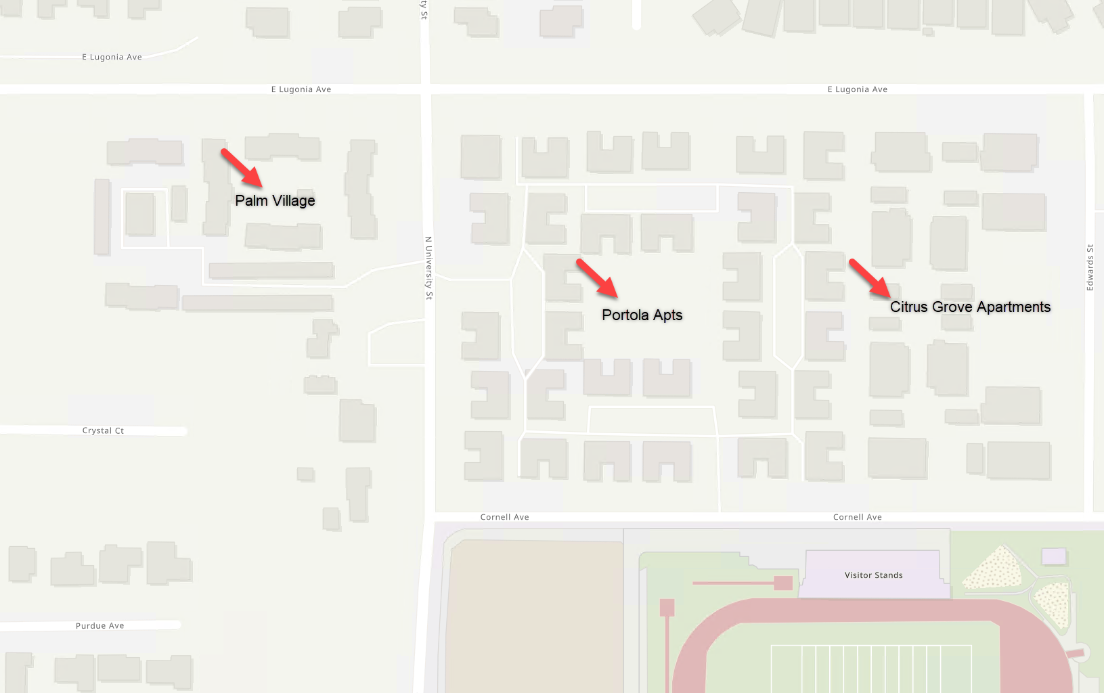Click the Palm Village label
click(x=275, y=201)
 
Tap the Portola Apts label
click(x=642, y=315)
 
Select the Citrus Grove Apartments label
click(x=970, y=307)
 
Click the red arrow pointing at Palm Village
click(x=242, y=168)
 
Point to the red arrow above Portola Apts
click(x=597, y=278)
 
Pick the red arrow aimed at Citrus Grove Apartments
click(x=870, y=278)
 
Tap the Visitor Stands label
click(x=873, y=575)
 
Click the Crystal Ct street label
click(x=103, y=431)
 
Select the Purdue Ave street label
click(x=100, y=626)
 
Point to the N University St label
click(x=428, y=268)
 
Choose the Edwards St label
click(x=1090, y=268)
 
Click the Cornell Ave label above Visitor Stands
click(x=857, y=517)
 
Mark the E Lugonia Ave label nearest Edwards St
click(x=857, y=89)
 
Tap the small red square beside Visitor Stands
click(x=783, y=583)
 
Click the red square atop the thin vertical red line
click(x=667, y=607)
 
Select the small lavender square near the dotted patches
click(x=1054, y=556)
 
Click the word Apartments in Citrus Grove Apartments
click(x=1013, y=307)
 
